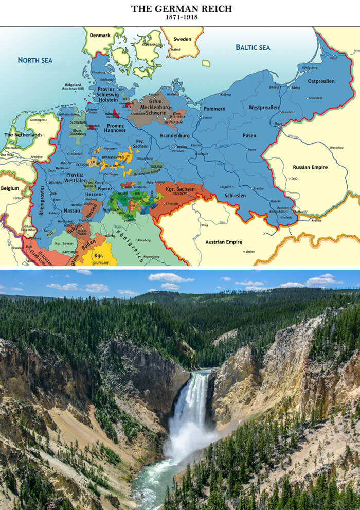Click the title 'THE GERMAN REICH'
point(181,9)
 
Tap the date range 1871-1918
point(181,17)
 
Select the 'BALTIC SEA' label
point(253,47)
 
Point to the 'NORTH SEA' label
point(35,60)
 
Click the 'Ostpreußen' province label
point(321,81)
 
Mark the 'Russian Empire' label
point(310,167)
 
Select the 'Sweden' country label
point(182,39)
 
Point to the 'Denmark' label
point(100,36)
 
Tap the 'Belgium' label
point(9,188)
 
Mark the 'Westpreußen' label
point(264,108)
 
